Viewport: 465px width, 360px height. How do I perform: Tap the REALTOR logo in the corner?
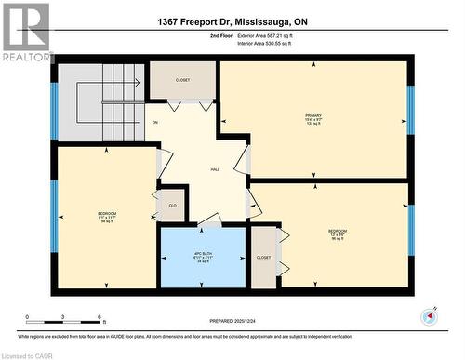tap(26, 32)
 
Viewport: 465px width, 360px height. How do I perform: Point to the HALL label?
tap(215, 169)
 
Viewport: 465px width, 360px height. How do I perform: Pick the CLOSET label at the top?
tap(182, 80)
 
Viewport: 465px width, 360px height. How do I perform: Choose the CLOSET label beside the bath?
tap(263, 257)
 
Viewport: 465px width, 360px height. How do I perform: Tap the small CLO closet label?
tap(171, 205)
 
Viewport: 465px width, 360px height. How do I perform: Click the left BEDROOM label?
tap(107, 216)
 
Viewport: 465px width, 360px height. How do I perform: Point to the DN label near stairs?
tap(155, 122)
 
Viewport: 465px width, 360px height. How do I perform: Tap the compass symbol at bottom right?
tap(429, 316)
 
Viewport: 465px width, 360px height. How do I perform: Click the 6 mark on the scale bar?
tap(100, 317)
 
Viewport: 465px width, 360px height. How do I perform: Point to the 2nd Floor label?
tap(219, 35)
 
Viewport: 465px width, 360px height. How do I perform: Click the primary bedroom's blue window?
tap(410, 110)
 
